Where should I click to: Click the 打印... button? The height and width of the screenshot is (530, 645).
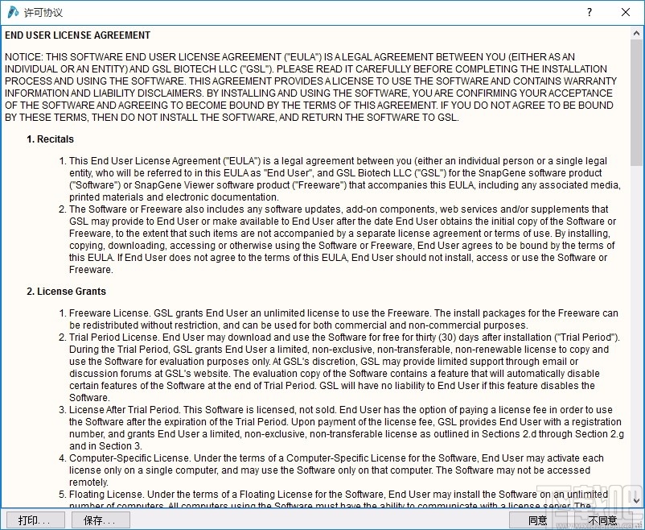pyautogui.click(x=35, y=520)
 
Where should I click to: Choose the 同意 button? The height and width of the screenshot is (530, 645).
pyautogui.click(x=537, y=520)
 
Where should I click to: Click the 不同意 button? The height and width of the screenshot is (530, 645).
pyautogui.click(x=603, y=520)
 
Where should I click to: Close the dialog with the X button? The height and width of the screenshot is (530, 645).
pyautogui.click(x=626, y=12)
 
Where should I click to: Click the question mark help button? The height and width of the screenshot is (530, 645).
pyautogui.click(x=590, y=12)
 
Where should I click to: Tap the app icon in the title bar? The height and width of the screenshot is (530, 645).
pyautogui.click(x=13, y=12)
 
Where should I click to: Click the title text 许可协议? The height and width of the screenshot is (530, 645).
pyautogui.click(x=43, y=13)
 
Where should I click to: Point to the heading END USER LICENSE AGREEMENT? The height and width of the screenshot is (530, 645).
pyautogui.click(x=77, y=35)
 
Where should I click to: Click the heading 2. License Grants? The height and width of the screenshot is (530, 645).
pyautogui.click(x=66, y=292)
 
